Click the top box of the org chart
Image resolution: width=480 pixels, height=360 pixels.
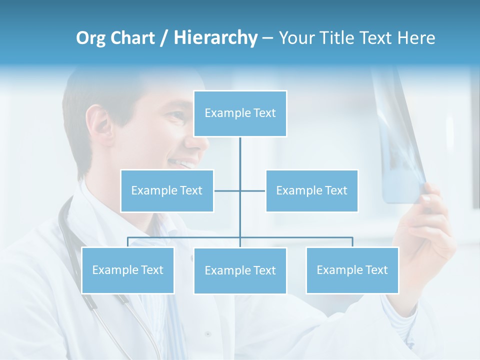pos(240,113)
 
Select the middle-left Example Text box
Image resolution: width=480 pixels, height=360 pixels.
pos(167,190)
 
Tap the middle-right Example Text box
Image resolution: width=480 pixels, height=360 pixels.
pos(311,190)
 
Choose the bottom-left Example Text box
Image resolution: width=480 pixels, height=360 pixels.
pos(127,270)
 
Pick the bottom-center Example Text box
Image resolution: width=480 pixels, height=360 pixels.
pos(240,270)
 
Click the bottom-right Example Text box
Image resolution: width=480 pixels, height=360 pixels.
pos(352,270)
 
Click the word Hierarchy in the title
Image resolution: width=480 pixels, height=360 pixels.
pos(215,37)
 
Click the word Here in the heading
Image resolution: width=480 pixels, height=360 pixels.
pos(416,38)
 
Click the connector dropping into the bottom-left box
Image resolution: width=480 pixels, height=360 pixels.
pos(127,242)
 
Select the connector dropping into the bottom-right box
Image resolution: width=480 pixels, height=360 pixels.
pos(352,242)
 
